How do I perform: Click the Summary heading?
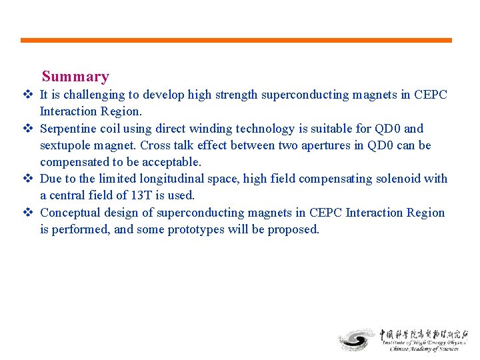[x=75, y=77]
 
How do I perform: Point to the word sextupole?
[x=65, y=145]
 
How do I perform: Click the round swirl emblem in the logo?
[x=357, y=339]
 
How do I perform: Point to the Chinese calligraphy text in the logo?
[x=424, y=334]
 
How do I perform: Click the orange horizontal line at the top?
[x=236, y=40]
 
